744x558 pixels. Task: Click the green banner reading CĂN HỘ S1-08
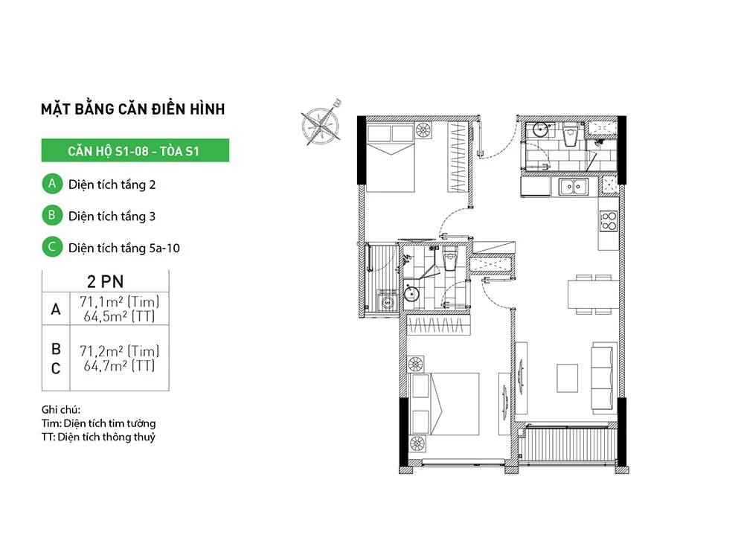(x=135, y=150)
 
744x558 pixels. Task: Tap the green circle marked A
(x=52, y=184)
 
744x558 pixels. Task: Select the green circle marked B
(x=52, y=216)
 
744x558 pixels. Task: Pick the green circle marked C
(x=52, y=247)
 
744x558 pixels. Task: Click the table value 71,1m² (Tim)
(x=119, y=301)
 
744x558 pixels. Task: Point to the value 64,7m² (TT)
(x=119, y=366)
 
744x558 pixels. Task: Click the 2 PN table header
(x=106, y=281)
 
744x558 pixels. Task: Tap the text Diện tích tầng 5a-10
(x=124, y=248)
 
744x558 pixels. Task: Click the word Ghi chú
(x=61, y=409)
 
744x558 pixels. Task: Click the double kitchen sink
(x=573, y=187)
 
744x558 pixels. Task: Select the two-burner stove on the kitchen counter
(x=609, y=221)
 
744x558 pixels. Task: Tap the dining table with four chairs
(x=594, y=294)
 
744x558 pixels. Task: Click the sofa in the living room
(x=602, y=378)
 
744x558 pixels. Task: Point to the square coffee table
(x=567, y=378)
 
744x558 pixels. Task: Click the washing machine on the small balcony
(x=388, y=301)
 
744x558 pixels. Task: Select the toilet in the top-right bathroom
(x=569, y=135)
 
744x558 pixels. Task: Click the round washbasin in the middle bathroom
(x=411, y=293)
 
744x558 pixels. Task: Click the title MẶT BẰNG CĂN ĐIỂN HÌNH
(x=133, y=109)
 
